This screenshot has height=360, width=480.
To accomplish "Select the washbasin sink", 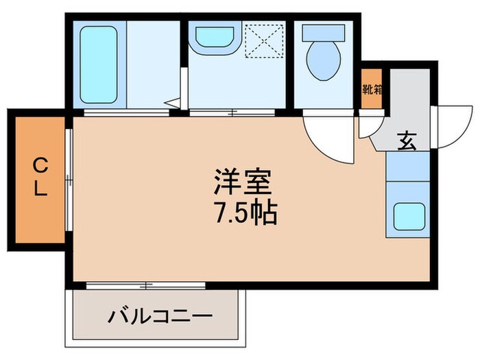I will pos(214,39).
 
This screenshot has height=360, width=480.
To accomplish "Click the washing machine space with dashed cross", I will pos(263,39).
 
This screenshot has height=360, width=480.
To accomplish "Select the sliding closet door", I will pos(69,181).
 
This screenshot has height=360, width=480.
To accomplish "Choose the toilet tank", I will pos(322,32).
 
